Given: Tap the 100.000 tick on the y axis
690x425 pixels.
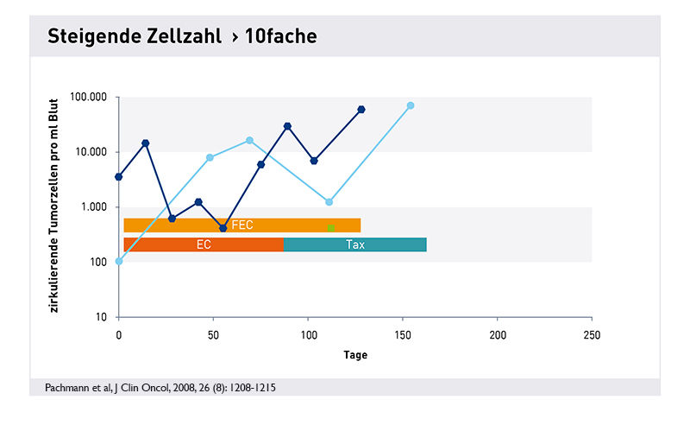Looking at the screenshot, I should (x=88, y=97).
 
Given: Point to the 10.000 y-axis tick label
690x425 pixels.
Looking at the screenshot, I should (x=91, y=152).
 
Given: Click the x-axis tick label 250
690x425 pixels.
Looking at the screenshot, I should (x=591, y=333).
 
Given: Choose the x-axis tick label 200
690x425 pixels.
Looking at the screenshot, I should (x=497, y=333).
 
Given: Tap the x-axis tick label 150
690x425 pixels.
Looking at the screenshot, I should (x=402, y=333).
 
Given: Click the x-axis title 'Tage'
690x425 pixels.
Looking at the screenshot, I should (x=354, y=355).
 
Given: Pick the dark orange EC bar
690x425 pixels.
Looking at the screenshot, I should (x=204, y=244).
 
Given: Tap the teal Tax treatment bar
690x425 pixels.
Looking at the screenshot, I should (x=354, y=244).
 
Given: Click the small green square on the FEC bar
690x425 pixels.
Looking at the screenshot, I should (x=330, y=227).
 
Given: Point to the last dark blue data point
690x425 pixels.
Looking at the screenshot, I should (x=361, y=110).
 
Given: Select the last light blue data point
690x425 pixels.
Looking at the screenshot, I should (x=411, y=105).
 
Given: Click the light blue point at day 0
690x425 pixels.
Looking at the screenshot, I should (x=119, y=261).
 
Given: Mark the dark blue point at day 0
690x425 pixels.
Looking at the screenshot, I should (x=119, y=177).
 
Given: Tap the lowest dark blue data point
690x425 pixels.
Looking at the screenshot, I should (x=223, y=228).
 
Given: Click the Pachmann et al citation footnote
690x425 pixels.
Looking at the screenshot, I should (x=160, y=388).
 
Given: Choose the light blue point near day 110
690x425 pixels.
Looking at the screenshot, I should (x=329, y=202).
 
